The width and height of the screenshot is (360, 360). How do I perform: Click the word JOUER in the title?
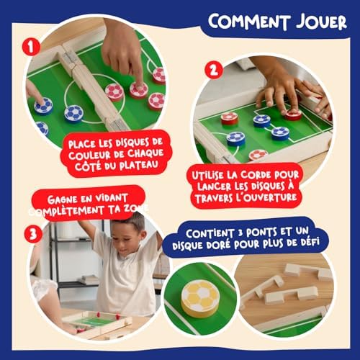321,22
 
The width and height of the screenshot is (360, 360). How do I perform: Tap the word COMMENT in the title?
249,21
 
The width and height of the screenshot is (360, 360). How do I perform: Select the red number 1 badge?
31,48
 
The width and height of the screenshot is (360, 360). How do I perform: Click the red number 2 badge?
214,70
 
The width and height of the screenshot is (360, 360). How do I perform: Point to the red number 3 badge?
33,234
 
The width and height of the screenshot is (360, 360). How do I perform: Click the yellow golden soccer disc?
200,299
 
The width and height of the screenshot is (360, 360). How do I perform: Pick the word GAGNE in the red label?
62,199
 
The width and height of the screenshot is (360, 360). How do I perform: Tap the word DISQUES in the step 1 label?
132,143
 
